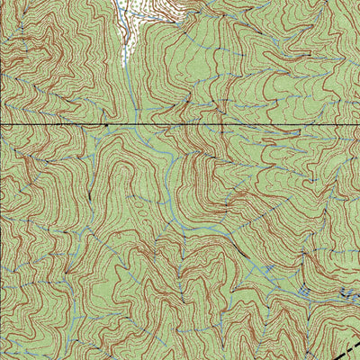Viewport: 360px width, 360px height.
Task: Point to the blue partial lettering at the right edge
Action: click(353, 293)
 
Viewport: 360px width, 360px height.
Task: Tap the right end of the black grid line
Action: click(357, 123)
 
